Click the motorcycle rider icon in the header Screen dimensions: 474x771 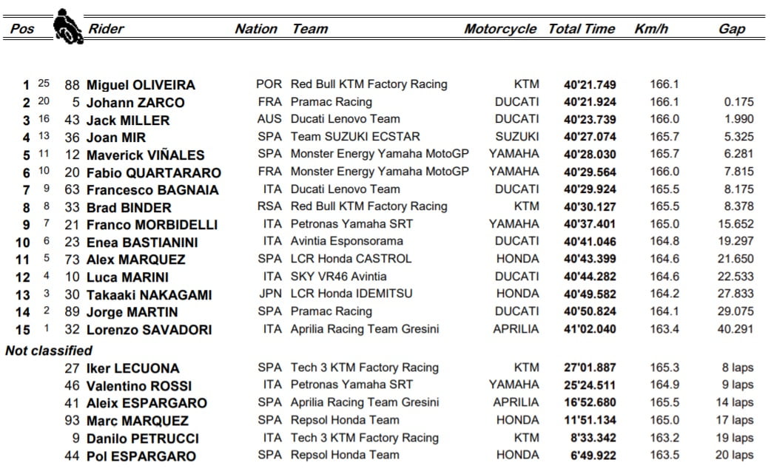click(x=67, y=26)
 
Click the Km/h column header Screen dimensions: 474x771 click(x=651, y=29)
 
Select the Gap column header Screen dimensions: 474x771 click(x=732, y=29)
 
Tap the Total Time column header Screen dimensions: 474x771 click(x=581, y=29)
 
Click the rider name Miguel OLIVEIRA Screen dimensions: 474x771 click(x=141, y=85)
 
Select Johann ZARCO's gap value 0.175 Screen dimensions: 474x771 click(x=739, y=102)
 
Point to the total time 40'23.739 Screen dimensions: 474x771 click(x=589, y=120)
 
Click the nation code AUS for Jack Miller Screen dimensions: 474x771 click(x=269, y=119)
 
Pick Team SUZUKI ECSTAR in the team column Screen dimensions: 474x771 click(x=355, y=137)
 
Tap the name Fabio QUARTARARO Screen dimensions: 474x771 click(x=153, y=172)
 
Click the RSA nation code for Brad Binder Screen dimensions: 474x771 click(x=269, y=206)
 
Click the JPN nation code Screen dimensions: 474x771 click(x=269, y=294)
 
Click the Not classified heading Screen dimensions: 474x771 click(x=49, y=351)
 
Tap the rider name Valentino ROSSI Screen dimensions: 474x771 click(x=139, y=385)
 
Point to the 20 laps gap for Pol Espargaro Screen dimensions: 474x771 click(x=737, y=455)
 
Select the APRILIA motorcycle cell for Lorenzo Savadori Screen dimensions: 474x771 click(x=516, y=329)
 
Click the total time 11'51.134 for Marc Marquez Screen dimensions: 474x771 click(x=589, y=420)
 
